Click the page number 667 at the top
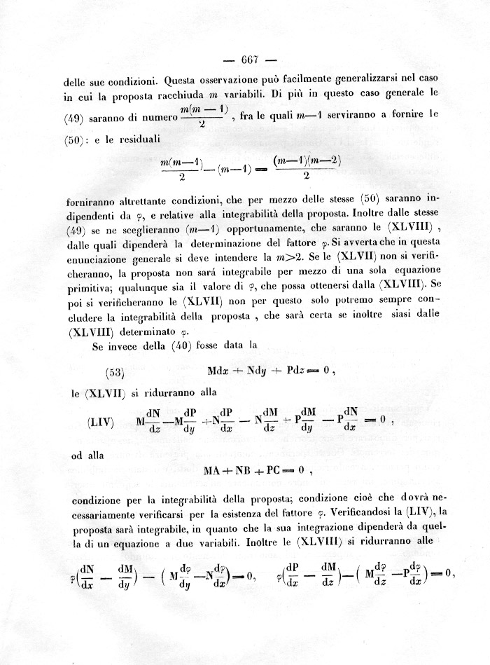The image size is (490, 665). point(250,58)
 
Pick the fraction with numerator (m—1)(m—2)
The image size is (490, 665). point(307,169)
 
